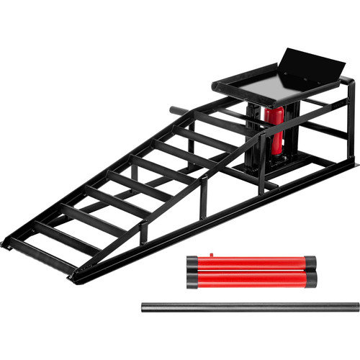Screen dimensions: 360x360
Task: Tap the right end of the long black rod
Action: (356, 306)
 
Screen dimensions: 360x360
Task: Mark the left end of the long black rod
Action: (144, 306)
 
